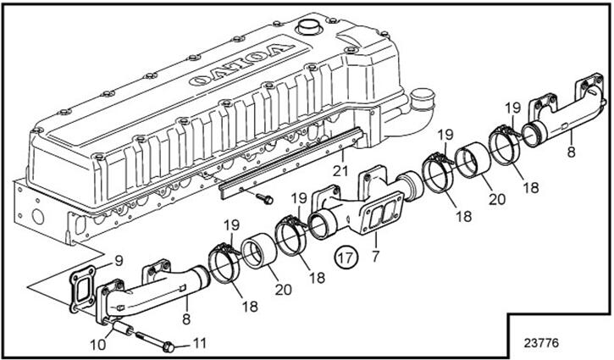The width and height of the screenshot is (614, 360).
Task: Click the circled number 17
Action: pyautogui.click(x=345, y=258)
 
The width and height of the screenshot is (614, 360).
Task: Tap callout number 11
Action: pyautogui.click(x=200, y=343)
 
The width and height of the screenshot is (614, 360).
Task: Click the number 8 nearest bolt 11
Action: pyautogui.click(x=186, y=319)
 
